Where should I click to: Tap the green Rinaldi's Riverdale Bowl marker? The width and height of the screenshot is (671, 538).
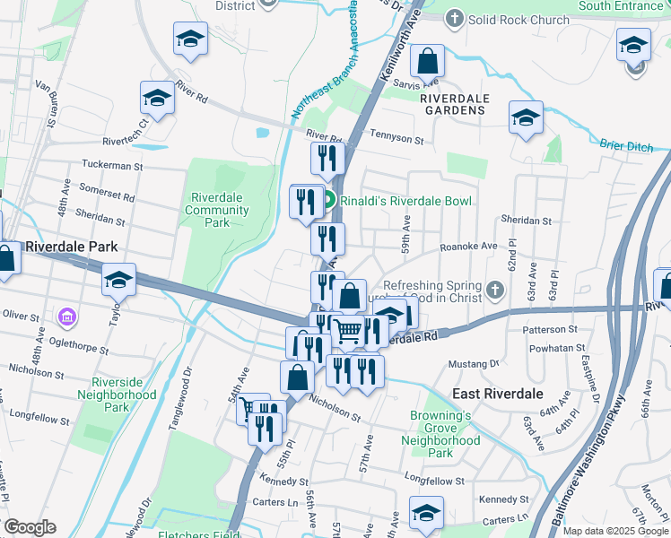tap(328, 201)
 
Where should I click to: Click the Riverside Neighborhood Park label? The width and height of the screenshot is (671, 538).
tap(117, 394)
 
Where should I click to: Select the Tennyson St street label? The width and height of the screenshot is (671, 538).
tap(396, 139)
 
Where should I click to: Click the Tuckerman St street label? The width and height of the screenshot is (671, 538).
tap(112, 165)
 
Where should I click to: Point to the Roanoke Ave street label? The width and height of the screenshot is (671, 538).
tap(468, 246)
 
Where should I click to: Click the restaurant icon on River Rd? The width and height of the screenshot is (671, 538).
tap(327, 158)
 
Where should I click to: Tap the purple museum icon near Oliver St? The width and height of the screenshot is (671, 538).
tap(65, 317)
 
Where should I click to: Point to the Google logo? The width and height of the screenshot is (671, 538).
tap(30, 527)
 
